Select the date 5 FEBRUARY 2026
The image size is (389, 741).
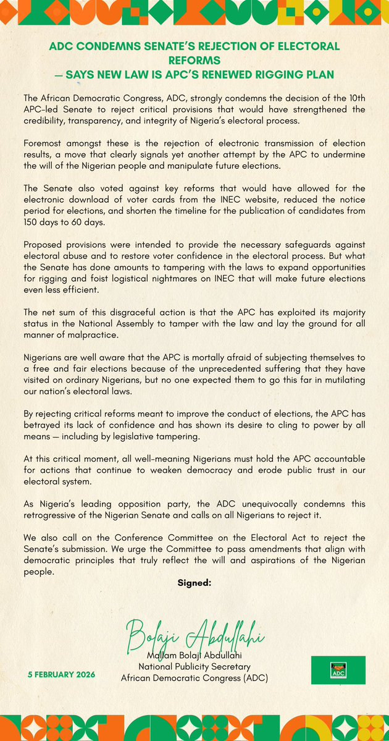pos(61,674)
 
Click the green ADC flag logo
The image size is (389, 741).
pos(338,670)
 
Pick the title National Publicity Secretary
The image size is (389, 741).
pos(194,666)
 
